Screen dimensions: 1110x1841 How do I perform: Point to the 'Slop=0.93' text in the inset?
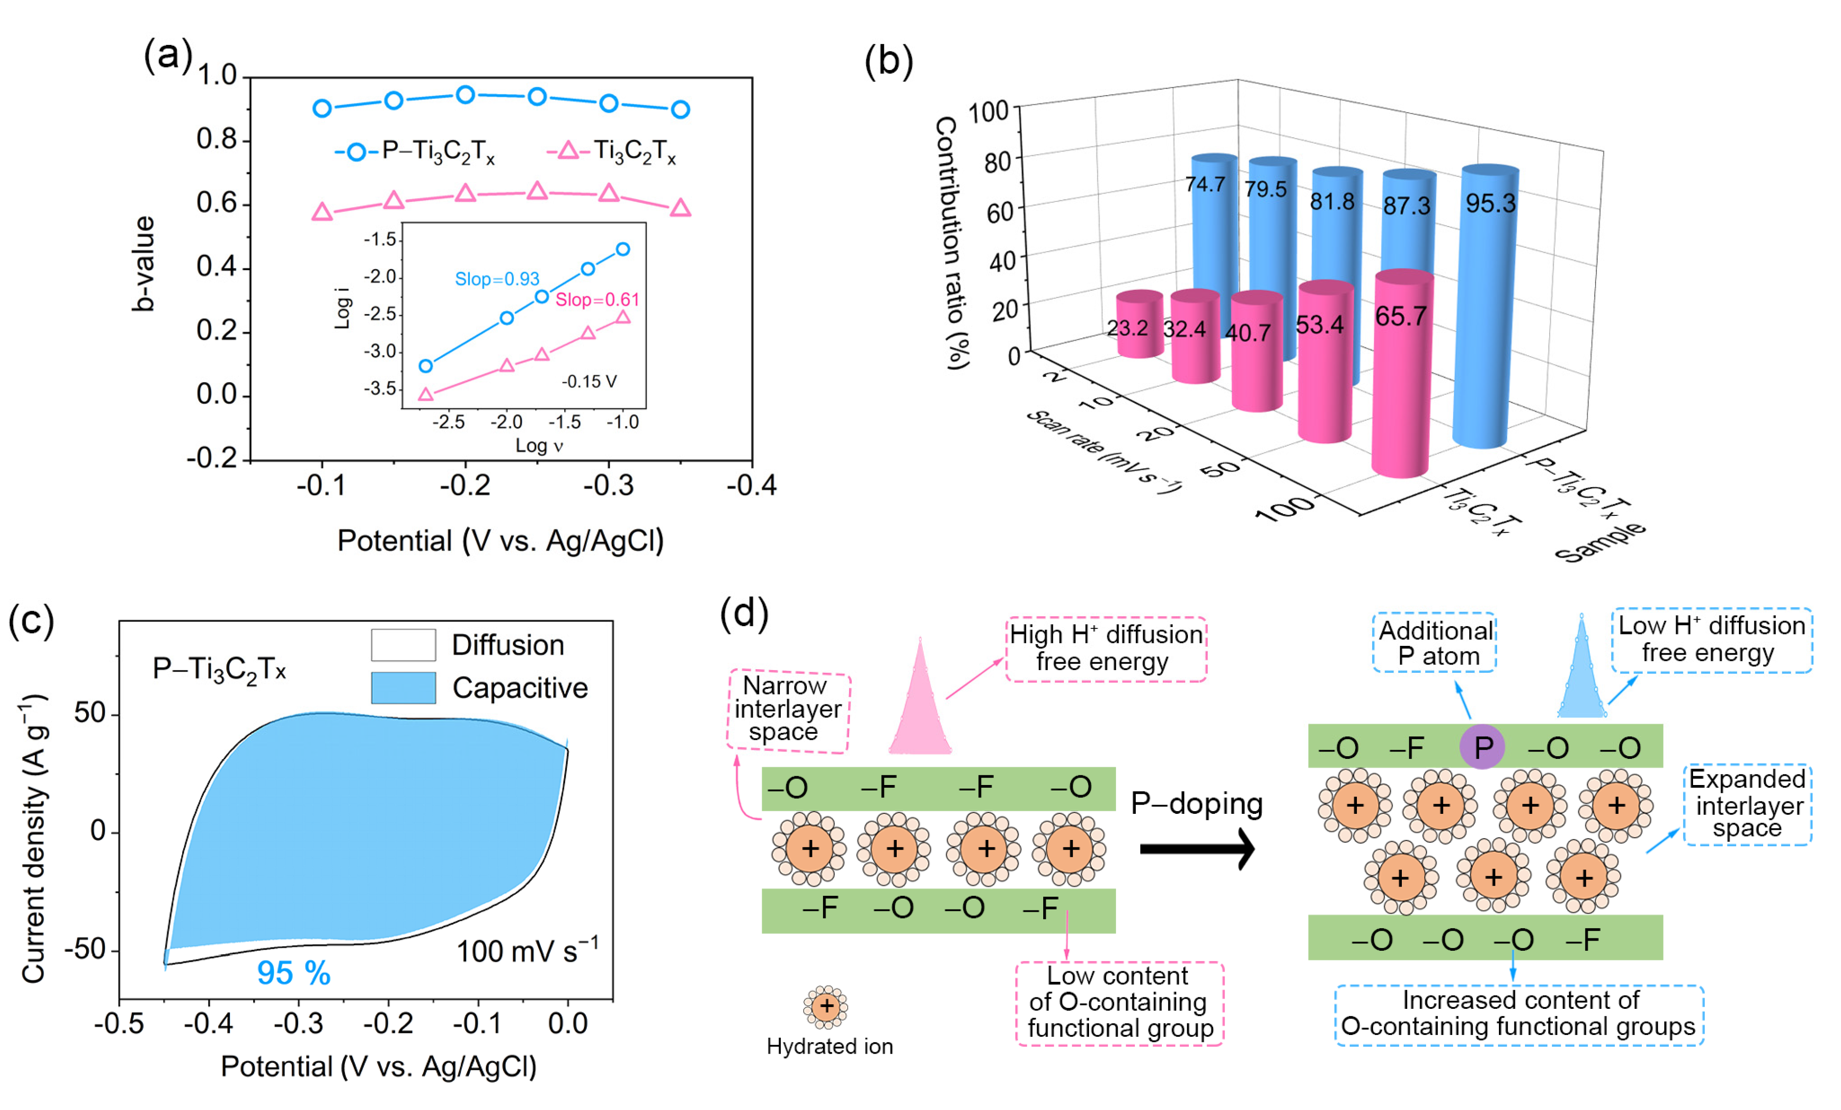497,279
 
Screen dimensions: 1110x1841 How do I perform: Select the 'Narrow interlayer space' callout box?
788,709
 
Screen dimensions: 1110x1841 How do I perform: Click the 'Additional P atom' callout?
1434,643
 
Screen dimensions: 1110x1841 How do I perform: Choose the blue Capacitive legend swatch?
403,687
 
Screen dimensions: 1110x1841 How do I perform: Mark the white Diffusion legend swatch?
403,644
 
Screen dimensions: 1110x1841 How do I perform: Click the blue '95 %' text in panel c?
294,973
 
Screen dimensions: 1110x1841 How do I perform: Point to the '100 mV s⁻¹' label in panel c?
527,951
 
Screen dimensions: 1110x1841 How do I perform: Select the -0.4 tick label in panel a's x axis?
752,486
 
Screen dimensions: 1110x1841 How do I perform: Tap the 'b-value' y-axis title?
143,263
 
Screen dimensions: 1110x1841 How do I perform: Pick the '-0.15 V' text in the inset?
589,382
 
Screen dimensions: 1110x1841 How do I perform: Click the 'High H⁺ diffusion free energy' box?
1106,648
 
